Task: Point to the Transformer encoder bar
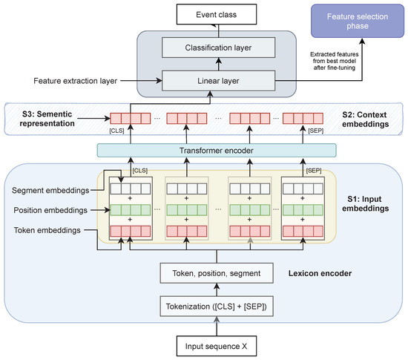point(217,150)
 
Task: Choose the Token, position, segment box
point(217,274)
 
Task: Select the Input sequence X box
point(217,346)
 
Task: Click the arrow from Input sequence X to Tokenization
point(217,324)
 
